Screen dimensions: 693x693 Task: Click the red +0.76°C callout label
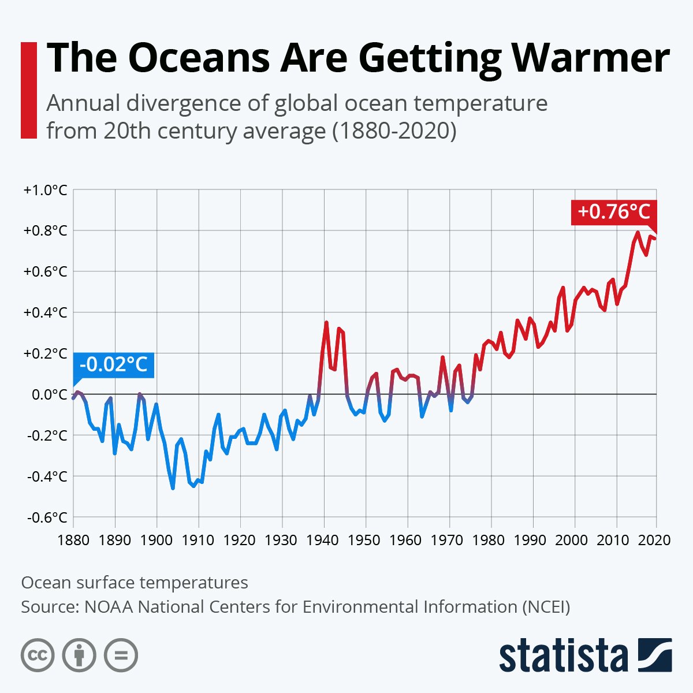coord(613,212)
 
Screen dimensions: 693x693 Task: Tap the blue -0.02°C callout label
coord(114,364)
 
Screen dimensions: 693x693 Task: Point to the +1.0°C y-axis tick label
coord(45,190)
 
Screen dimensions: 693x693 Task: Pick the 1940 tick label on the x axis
coord(323,541)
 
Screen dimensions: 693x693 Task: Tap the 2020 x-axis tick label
coord(656,541)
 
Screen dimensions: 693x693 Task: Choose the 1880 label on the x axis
coord(73,541)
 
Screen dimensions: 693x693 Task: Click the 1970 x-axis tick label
coord(449,541)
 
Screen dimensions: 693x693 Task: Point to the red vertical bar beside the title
coord(28,90)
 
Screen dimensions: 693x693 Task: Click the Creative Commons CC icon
coord(38,655)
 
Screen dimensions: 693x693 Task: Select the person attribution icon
coord(79,655)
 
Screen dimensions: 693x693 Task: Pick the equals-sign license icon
coord(121,655)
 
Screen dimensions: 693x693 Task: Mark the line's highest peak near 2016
coord(638,233)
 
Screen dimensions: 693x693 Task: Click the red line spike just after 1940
coord(326,322)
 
